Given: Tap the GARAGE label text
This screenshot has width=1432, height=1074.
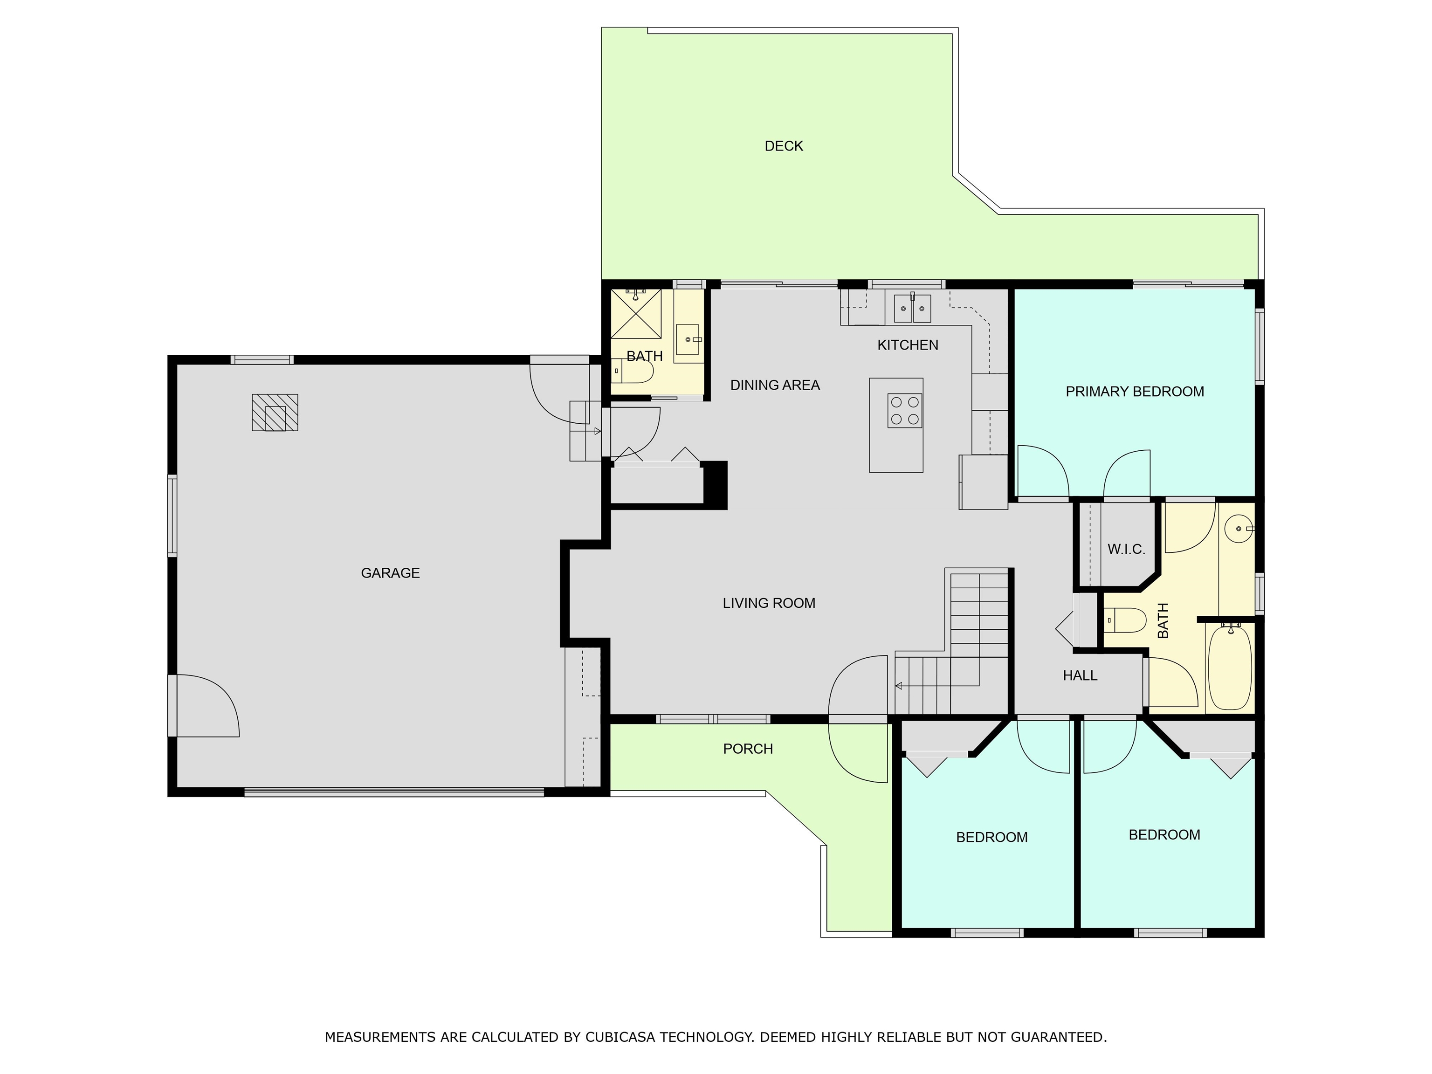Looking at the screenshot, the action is [x=390, y=573].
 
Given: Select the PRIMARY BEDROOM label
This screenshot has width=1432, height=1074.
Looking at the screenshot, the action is [x=1135, y=392].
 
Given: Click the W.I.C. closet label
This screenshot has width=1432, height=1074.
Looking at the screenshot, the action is [x=1126, y=550].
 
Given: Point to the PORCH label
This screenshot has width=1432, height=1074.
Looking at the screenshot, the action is [x=748, y=749].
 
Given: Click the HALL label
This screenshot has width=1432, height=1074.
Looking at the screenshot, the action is [x=1080, y=676].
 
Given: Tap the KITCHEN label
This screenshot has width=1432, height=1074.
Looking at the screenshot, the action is [x=908, y=345].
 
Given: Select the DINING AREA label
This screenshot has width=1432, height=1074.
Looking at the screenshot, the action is [x=775, y=385].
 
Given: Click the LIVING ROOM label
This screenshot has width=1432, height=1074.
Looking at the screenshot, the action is [x=769, y=603].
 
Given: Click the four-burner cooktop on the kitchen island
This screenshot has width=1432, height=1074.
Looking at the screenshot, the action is [x=905, y=410].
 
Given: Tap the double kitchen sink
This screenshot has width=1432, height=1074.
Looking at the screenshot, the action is [x=912, y=308].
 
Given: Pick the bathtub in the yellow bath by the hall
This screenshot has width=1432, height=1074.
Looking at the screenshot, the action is [x=1230, y=667].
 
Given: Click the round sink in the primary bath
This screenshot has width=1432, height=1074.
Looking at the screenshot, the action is [x=1239, y=529].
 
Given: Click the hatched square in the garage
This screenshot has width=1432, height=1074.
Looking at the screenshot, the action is [x=275, y=413].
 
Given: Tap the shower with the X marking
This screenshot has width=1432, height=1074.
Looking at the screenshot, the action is [x=636, y=313].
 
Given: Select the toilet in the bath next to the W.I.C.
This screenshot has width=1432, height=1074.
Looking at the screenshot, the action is [x=1124, y=620].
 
